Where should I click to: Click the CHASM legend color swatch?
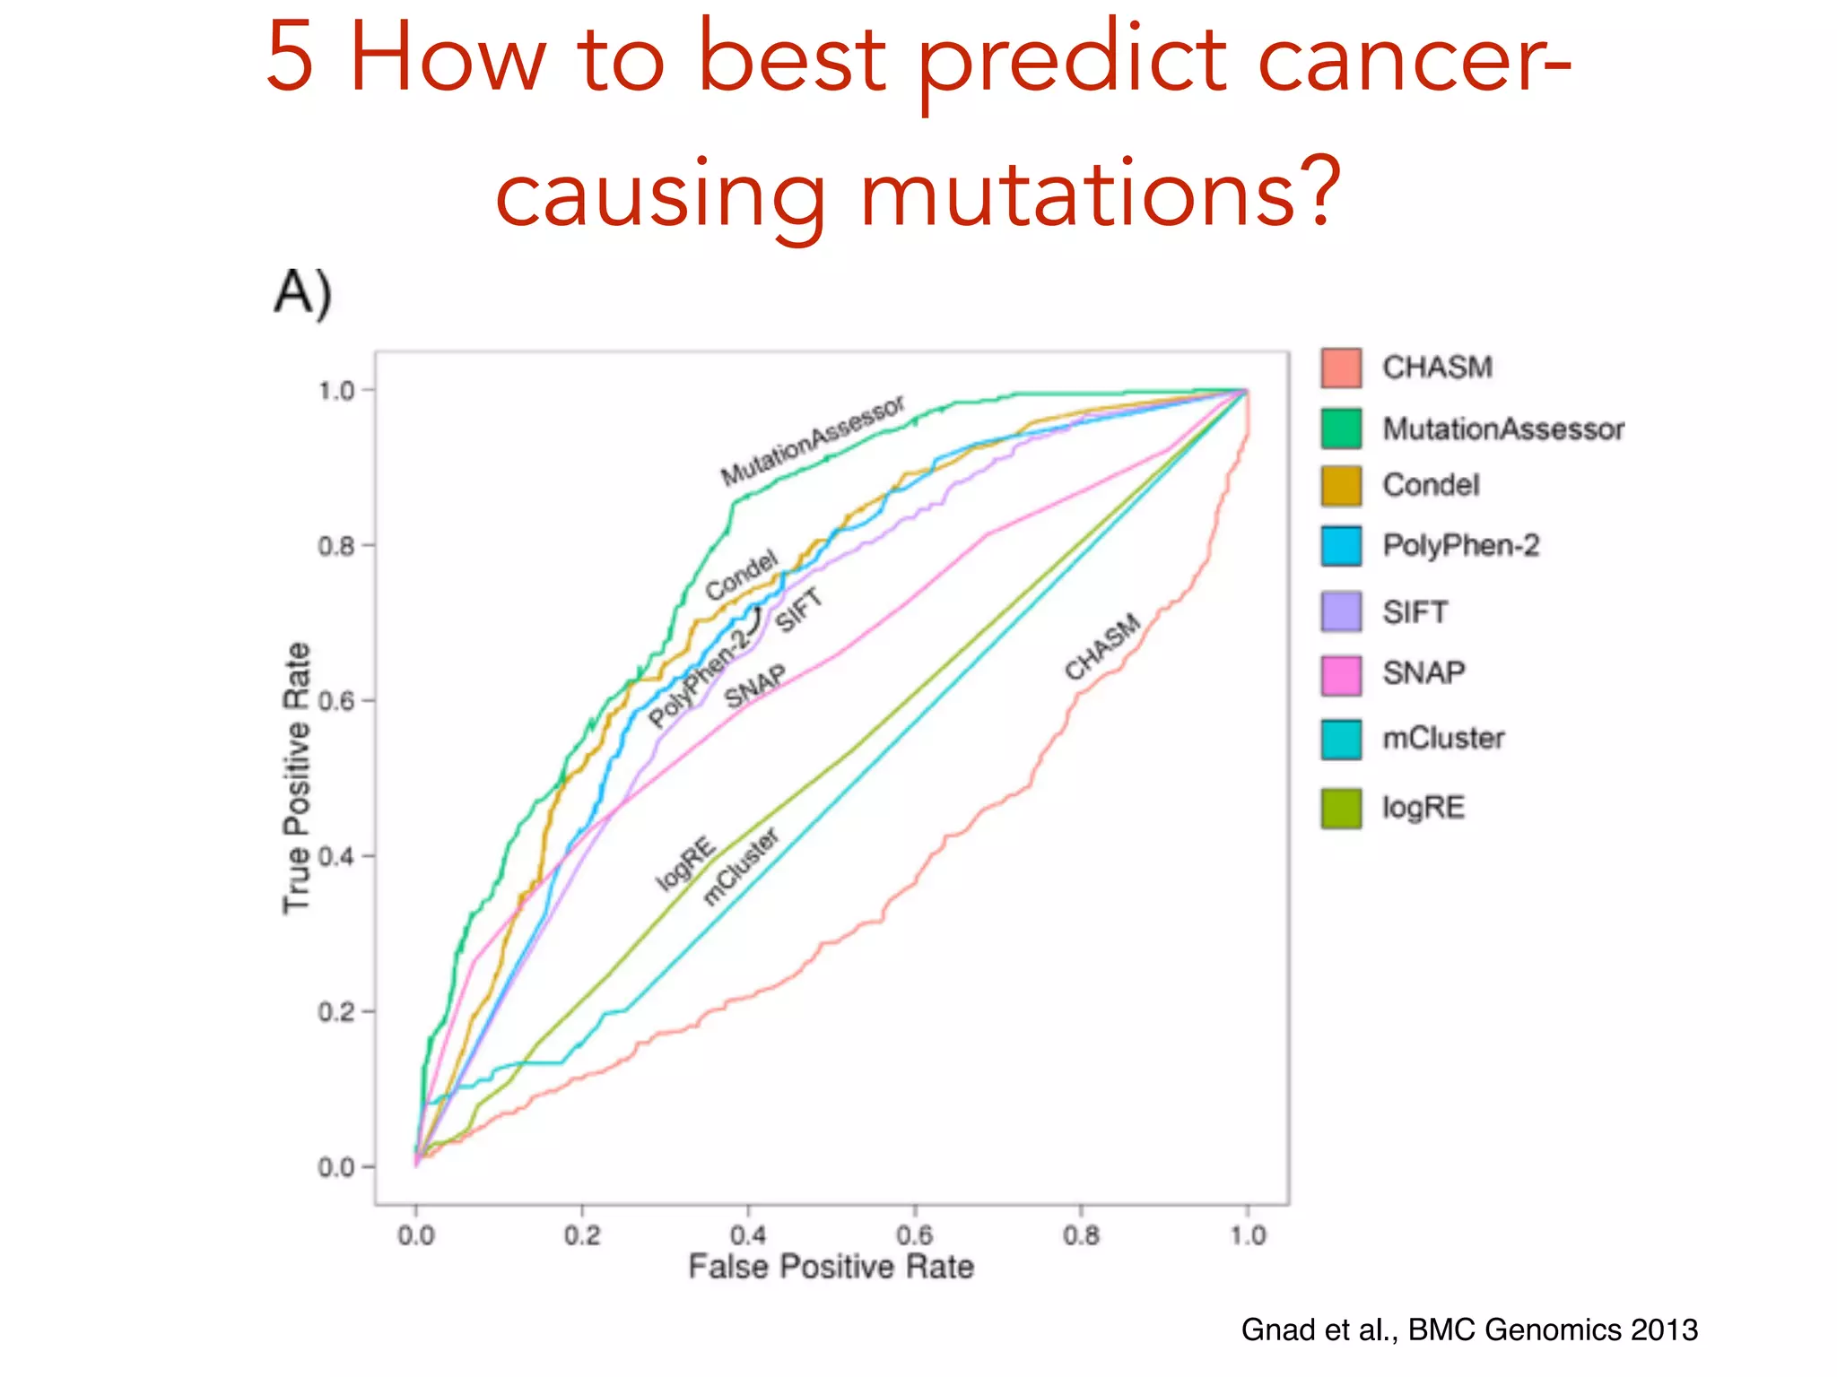(1341, 368)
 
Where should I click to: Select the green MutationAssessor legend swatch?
(1341, 428)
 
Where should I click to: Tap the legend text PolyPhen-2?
(1460, 545)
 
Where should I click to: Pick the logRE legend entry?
(1423, 808)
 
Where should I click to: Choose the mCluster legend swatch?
(1341, 739)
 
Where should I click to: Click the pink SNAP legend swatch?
(1341, 674)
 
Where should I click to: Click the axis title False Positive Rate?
(831, 1267)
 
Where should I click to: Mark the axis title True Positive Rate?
(297, 778)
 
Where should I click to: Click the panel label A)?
(303, 292)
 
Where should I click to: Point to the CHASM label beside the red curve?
(1102, 646)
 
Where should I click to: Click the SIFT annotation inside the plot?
(798, 610)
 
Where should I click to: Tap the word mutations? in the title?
(1100, 192)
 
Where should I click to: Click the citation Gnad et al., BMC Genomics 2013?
(1469, 1329)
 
